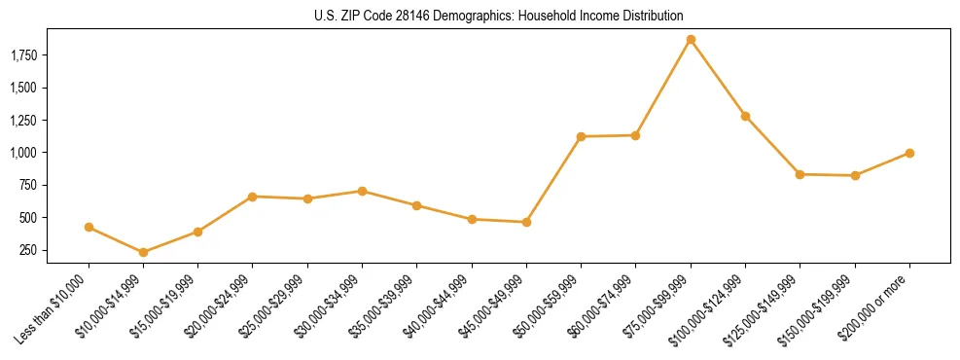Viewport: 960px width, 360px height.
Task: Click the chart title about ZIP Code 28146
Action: [x=499, y=16]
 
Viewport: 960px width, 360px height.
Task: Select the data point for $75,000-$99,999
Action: [x=691, y=40]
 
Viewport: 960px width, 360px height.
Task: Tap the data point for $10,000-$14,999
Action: [x=143, y=252]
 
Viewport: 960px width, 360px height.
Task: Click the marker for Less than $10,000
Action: [x=89, y=228]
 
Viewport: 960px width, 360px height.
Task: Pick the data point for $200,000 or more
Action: [x=909, y=153]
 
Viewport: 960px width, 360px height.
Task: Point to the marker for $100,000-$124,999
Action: [x=745, y=116]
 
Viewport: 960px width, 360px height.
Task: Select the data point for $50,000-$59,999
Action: [x=581, y=136]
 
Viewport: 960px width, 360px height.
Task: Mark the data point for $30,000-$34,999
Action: [x=362, y=191]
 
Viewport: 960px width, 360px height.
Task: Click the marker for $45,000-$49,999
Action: [x=526, y=222]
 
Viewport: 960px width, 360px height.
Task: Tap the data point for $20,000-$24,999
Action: [x=252, y=197]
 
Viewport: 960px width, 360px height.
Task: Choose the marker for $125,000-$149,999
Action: [x=800, y=174]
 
